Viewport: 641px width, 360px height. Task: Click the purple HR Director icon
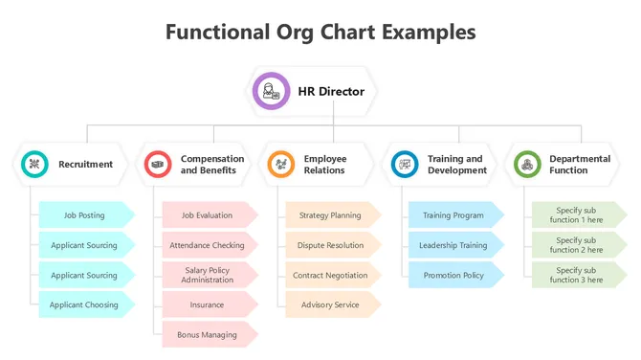271,92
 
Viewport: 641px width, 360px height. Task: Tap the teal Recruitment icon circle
34,165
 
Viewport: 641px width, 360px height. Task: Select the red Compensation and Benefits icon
158,165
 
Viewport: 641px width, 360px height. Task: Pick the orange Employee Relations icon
281,165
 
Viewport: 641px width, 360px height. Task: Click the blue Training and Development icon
405,165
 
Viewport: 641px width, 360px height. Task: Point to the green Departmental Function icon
527,165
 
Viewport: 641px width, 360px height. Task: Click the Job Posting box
84,215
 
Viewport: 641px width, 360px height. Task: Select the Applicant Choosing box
84,305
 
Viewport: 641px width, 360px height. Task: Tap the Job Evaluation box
208,215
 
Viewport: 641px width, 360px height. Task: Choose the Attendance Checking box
208,245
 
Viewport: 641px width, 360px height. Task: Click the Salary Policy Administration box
208,275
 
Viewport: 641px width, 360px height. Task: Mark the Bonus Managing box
208,335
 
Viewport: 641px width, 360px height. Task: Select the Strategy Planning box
330,215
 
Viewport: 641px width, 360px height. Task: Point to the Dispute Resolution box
330,245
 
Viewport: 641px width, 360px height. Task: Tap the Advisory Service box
330,305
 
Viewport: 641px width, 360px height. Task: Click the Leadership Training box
453,245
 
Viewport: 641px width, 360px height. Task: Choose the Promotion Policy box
453,275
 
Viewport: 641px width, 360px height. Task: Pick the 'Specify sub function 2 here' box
577,245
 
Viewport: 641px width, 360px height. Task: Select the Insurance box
208,305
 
